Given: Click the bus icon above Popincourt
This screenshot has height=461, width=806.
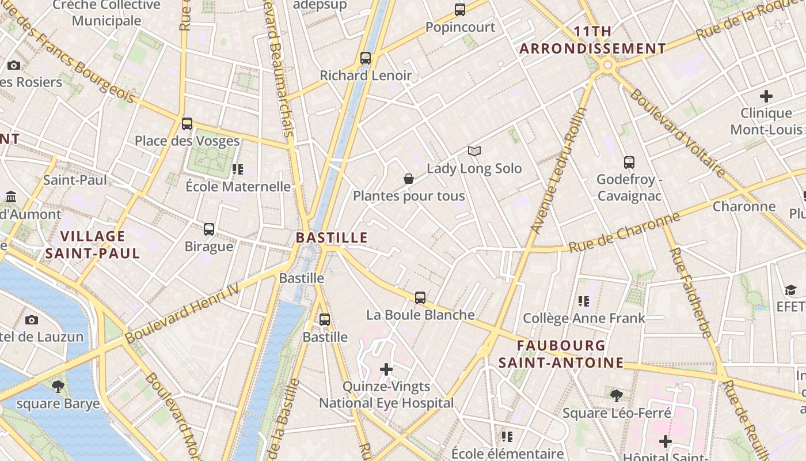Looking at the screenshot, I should [459, 10].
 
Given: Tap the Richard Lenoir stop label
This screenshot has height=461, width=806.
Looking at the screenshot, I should [366, 75].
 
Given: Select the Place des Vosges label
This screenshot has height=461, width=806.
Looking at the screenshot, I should [187, 141].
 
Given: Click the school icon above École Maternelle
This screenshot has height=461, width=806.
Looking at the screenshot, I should [238, 169].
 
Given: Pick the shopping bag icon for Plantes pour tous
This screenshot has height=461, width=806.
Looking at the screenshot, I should [409, 179].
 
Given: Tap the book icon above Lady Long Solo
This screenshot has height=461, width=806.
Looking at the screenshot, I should [474, 152].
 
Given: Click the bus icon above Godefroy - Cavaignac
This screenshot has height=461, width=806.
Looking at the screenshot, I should [629, 163].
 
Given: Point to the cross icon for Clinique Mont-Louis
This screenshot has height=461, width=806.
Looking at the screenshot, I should [766, 96].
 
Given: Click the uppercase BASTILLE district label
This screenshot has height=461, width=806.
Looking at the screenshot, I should [332, 237].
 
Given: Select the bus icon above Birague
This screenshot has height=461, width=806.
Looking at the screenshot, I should [209, 229].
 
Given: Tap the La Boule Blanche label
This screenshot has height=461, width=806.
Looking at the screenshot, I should [420, 315].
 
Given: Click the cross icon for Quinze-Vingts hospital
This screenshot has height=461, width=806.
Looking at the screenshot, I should [386, 369].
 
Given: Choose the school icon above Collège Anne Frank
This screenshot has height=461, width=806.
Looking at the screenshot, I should [584, 301].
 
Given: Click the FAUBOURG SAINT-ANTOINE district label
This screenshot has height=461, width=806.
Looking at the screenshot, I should [561, 354].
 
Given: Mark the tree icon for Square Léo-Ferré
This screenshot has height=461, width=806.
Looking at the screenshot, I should [617, 396].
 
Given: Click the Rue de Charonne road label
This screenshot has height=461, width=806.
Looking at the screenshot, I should [625, 233].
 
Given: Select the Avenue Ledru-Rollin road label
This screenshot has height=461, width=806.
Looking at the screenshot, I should [557, 171].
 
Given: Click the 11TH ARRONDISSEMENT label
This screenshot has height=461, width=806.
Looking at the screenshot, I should [592, 40].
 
